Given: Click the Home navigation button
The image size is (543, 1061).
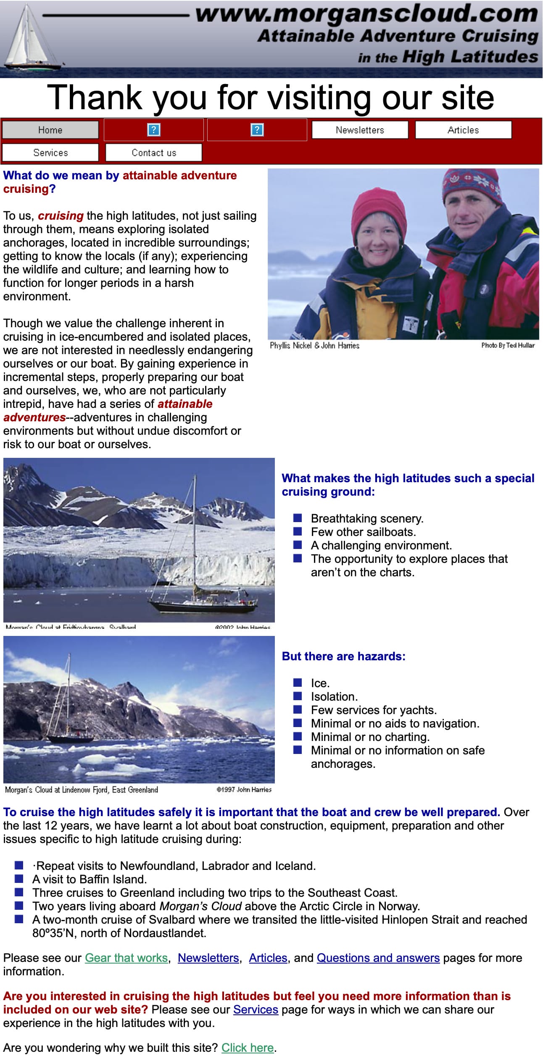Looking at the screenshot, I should pos(50,130).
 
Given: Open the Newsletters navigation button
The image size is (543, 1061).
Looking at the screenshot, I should pos(360,130).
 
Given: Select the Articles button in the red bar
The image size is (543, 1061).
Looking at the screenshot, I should pos(463,130).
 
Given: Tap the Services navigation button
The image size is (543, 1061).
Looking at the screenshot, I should pos(50,152).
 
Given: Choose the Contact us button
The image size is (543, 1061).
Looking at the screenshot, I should pos(154,152).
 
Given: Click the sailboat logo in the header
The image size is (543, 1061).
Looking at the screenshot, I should pos(29,38).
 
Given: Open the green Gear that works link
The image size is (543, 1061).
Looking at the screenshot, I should pos(126,958).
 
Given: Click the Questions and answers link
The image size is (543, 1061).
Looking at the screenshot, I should pos(378,958).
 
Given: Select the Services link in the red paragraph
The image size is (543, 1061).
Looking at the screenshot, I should pos(256,1009).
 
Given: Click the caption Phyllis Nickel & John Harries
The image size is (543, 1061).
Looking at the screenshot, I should pos(314,346).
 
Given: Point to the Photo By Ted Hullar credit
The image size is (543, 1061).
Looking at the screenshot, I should pos(508,346).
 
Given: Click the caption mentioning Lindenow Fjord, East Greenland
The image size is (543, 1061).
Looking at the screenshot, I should pos(82,790).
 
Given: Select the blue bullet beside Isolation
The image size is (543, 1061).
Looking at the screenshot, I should pos(298,696).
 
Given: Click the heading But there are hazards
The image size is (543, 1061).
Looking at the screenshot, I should pos(343,657).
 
